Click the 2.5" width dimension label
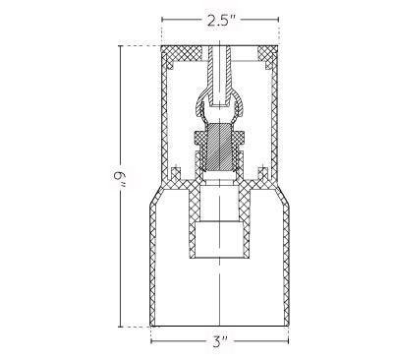220,21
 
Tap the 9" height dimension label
120,180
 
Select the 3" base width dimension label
220,342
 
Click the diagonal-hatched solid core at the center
219,147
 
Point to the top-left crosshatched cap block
182,53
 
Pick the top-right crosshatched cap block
267,53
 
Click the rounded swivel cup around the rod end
219,102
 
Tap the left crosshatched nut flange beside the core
200,137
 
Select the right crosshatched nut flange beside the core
239,137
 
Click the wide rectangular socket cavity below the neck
219,238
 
